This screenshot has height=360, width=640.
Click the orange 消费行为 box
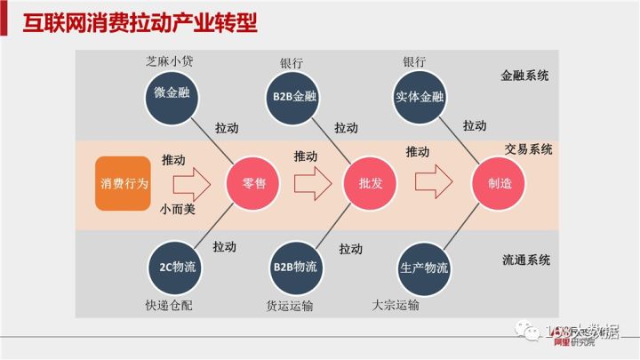pyautogui.click(x=124, y=184)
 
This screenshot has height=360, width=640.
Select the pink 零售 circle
pyautogui.click(x=254, y=184)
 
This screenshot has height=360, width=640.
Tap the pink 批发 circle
pyautogui.click(x=371, y=184)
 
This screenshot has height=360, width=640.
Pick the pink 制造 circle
pyautogui.click(x=499, y=184)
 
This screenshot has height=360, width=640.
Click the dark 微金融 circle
pyautogui.click(x=171, y=96)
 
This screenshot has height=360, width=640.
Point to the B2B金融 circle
pyautogui.click(x=294, y=96)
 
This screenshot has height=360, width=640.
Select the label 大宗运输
pyautogui.click(x=396, y=305)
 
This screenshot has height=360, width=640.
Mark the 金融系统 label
pyautogui.click(x=525, y=76)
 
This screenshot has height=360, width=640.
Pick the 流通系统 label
pyautogui.click(x=525, y=260)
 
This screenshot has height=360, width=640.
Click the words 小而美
pyautogui.click(x=178, y=210)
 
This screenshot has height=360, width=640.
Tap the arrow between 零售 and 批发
pyautogui.click(x=312, y=183)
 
